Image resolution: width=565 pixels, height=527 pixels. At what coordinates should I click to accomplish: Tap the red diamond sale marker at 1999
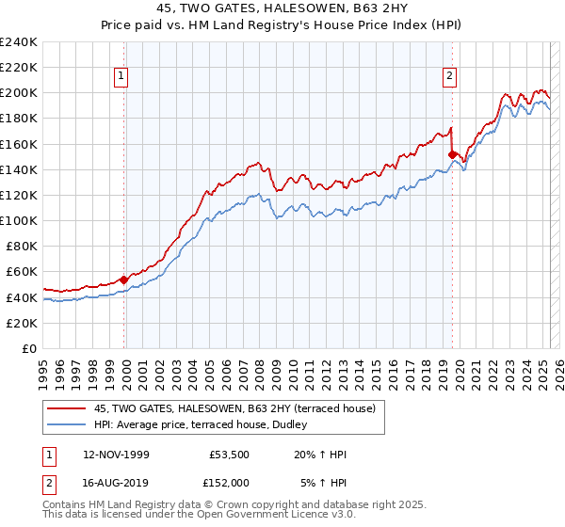123,279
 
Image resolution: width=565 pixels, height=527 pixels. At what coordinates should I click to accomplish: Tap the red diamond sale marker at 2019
452,154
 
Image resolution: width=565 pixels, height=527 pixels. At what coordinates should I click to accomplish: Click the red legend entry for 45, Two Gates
234,407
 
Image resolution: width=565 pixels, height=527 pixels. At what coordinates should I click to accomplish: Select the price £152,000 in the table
229,482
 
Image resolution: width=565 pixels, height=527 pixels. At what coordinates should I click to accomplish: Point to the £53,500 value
229,455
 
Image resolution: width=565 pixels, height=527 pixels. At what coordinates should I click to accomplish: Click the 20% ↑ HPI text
321,455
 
